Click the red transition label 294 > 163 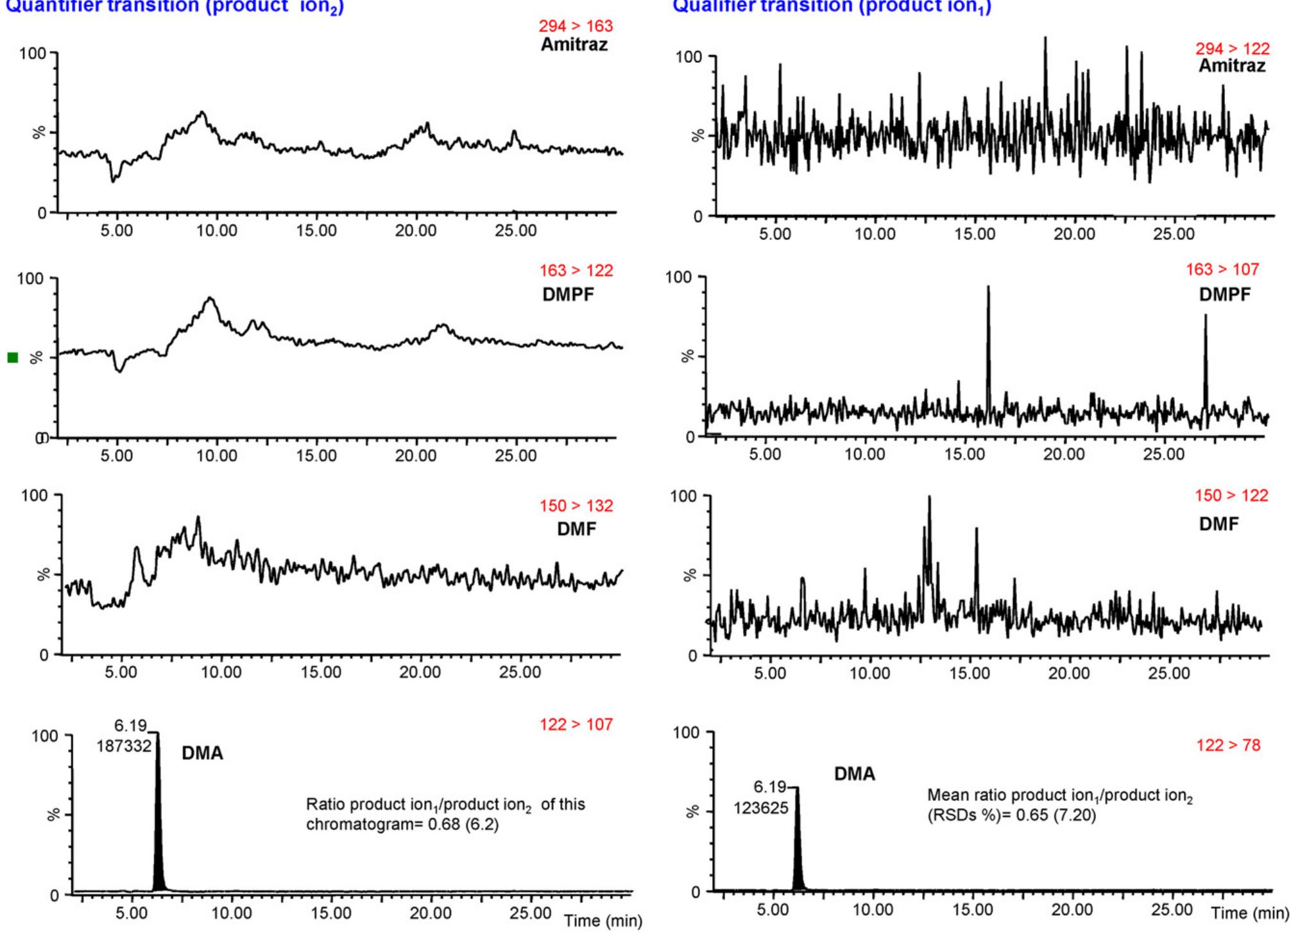coord(576,26)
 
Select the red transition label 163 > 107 coord(1222,270)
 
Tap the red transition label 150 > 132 coord(576,506)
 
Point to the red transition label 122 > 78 coord(1228,745)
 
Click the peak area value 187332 coord(124,746)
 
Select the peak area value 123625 coord(761,808)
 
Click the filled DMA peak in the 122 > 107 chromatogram coord(158,834)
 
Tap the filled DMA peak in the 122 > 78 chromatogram coord(798,854)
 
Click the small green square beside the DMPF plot coord(13,357)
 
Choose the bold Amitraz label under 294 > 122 coord(1232,66)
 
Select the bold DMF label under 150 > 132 coord(576,529)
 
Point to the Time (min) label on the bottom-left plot coord(603,921)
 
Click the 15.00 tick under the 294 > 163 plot coord(316,230)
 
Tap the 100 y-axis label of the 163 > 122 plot coord(30,279)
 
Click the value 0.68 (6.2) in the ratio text coord(463,824)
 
